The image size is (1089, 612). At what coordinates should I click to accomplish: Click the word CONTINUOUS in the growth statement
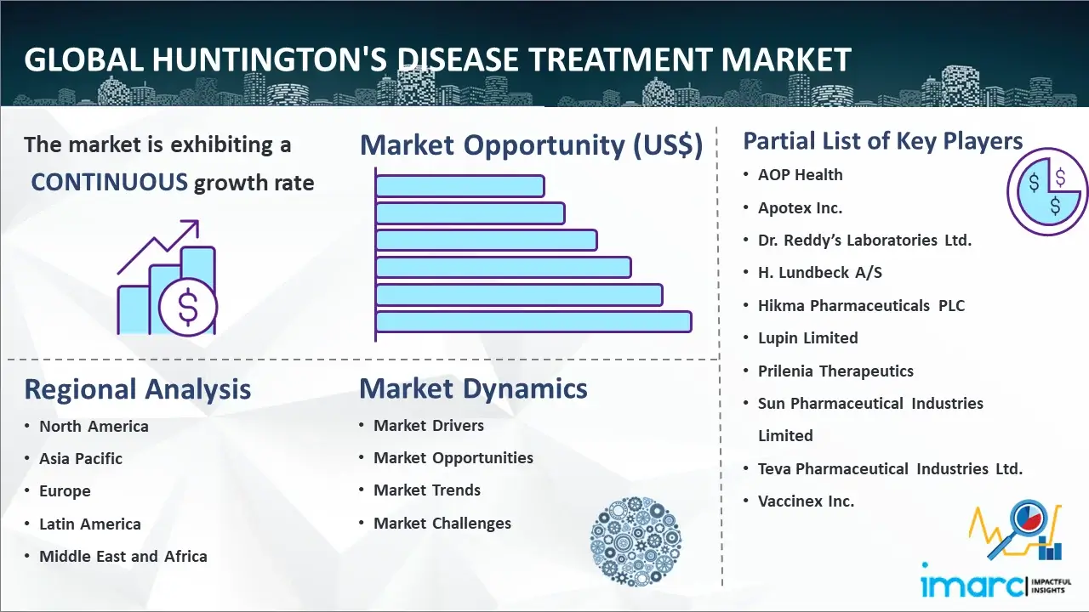(110, 183)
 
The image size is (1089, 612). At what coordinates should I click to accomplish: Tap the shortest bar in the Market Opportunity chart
(460, 186)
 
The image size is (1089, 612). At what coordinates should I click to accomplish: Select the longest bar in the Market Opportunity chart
(533, 322)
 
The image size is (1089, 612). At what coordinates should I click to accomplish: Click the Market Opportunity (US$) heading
(532, 145)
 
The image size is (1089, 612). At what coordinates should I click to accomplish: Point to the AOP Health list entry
(801, 175)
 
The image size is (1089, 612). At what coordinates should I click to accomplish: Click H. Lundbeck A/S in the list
(819, 273)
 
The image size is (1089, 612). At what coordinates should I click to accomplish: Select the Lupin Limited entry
(808, 338)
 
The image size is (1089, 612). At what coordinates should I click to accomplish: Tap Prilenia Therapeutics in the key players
(835, 371)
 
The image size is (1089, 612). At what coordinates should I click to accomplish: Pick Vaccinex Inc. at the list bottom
(806, 501)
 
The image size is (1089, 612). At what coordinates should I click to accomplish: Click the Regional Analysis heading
(138, 389)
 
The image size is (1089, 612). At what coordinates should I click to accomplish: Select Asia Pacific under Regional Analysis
(81, 458)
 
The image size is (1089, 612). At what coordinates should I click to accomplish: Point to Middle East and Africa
(123, 556)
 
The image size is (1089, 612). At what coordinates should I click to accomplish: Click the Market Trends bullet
(427, 490)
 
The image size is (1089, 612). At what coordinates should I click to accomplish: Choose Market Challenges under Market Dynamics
(442, 523)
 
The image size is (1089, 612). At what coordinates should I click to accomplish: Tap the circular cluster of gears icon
(636, 541)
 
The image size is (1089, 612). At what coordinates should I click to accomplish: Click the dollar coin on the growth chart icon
(188, 307)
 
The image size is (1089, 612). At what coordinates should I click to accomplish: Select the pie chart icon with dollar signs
(1047, 192)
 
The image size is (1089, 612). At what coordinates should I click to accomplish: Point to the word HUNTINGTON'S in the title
(270, 59)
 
